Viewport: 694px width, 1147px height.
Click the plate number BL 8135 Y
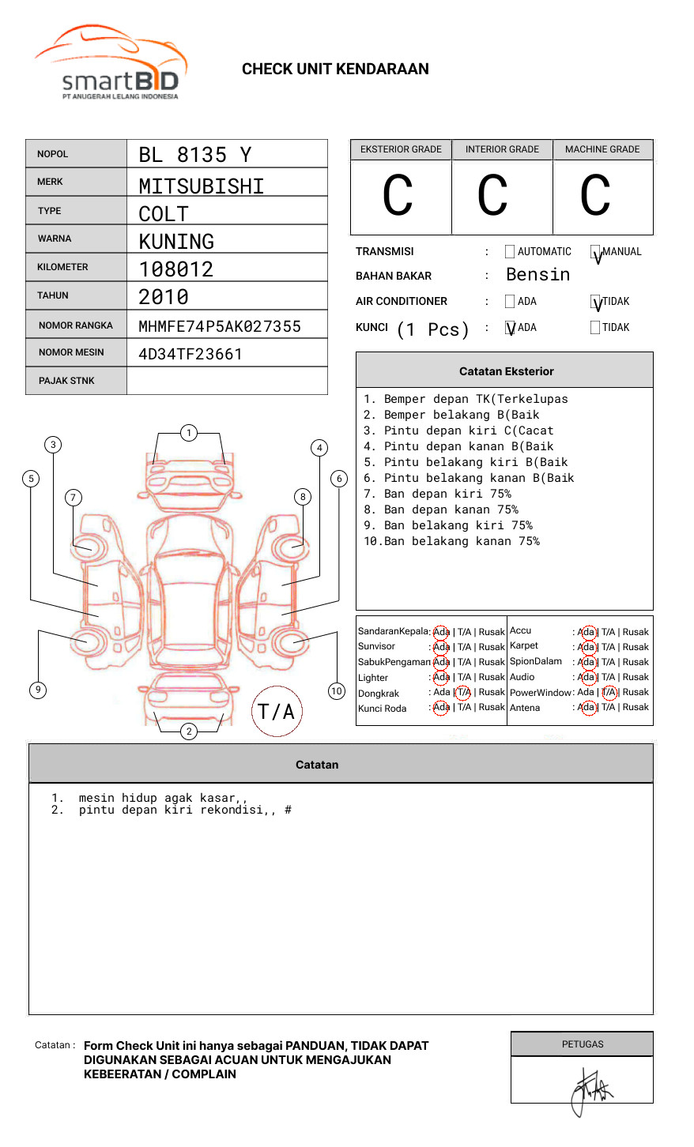coord(194,155)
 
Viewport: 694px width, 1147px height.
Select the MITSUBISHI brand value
coord(201,186)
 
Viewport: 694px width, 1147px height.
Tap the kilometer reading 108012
coord(176,269)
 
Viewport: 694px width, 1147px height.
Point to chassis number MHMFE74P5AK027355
coord(219,326)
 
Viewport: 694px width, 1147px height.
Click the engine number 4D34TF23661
coord(190,354)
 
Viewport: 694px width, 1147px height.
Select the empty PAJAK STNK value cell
coord(227,381)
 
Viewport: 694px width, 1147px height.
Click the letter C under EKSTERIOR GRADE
coord(398,196)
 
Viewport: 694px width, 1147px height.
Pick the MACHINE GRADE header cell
coord(602,149)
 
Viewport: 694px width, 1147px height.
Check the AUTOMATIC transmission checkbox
coord(510,252)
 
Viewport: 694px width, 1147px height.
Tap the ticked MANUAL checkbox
coord(595,253)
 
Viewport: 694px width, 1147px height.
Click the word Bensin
coord(537,275)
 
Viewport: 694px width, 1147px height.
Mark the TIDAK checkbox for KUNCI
coord(595,328)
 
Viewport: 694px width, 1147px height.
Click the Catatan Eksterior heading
coord(506,371)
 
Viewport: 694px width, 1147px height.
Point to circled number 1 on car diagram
coord(188,433)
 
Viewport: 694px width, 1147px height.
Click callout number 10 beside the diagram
coord(337,691)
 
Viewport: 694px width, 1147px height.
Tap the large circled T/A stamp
coord(276,712)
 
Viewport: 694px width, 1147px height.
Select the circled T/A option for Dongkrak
coord(463,693)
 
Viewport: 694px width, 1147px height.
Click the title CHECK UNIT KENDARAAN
coord(335,70)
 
